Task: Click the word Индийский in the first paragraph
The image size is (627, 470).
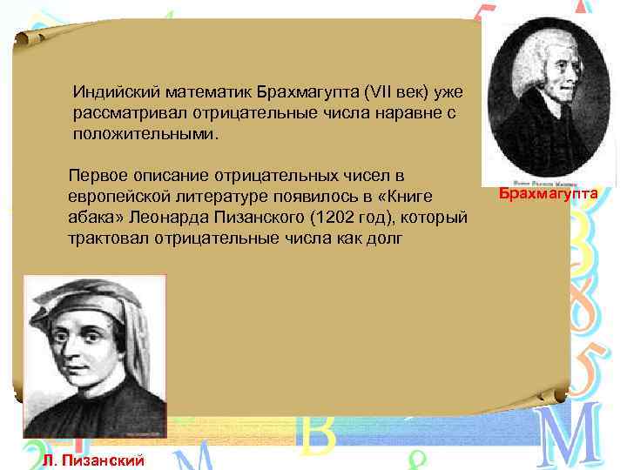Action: (x=110, y=91)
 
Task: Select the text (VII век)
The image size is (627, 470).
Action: (x=397, y=91)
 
